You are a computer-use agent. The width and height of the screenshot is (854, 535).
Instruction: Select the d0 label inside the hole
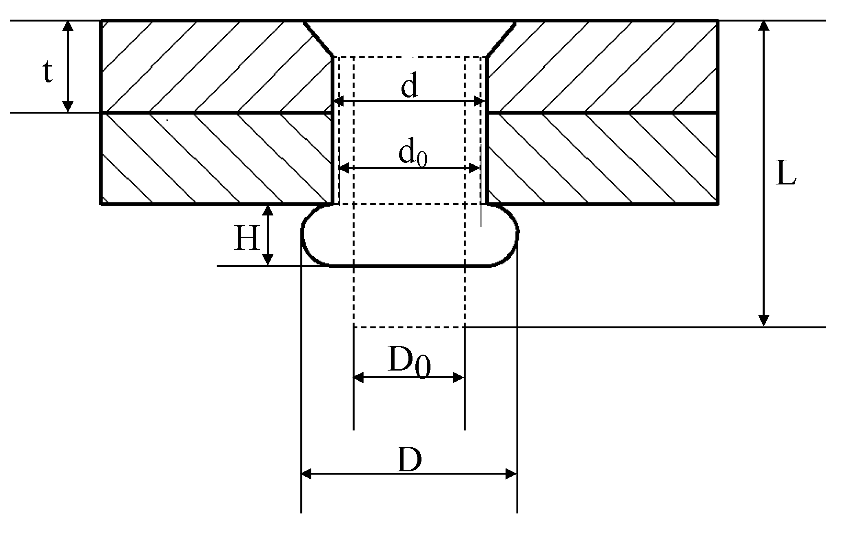coord(412,155)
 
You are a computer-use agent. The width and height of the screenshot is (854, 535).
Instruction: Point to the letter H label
coord(247,239)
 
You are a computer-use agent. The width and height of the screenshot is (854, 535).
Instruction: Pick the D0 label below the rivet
coord(409,362)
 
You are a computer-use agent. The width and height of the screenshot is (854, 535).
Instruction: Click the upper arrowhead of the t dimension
coord(68,25)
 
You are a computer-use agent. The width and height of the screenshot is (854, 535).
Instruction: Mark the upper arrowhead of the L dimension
coord(764,25)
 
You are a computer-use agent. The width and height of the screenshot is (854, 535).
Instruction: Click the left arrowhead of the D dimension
coord(306,474)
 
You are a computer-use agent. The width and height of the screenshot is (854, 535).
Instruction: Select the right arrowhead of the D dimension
coord(512,474)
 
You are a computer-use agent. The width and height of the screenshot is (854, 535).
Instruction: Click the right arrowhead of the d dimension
coord(479,101)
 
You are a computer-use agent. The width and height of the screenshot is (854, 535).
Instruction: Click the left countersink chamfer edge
coord(319,39)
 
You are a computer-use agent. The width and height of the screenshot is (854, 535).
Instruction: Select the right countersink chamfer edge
coord(501,39)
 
